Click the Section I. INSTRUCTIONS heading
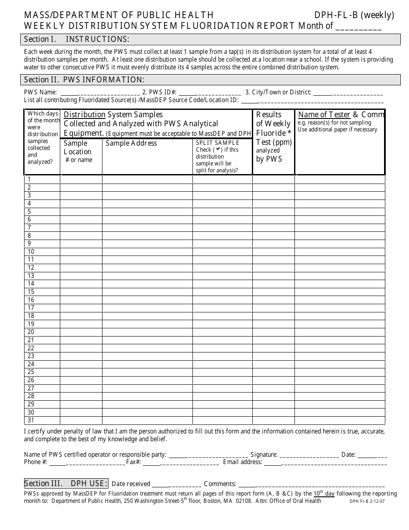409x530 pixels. pyautogui.click(x=77, y=39)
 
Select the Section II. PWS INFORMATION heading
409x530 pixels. pyautogui.click(x=84, y=79)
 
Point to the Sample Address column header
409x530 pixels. pyautogui.click(x=131, y=143)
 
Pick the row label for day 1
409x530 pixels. pyautogui.click(x=29, y=179)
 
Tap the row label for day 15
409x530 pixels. pyautogui.click(x=31, y=292)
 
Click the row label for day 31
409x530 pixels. pyautogui.click(x=31, y=420)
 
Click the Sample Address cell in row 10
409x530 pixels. pyautogui.click(x=147, y=252)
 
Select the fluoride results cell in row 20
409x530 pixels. pyautogui.click(x=273, y=332)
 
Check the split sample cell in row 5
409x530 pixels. pyautogui.click(x=222, y=212)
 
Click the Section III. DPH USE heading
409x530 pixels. pyautogui.click(x=66, y=483)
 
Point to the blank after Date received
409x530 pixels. pyautogui.click(x=177, y=484)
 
